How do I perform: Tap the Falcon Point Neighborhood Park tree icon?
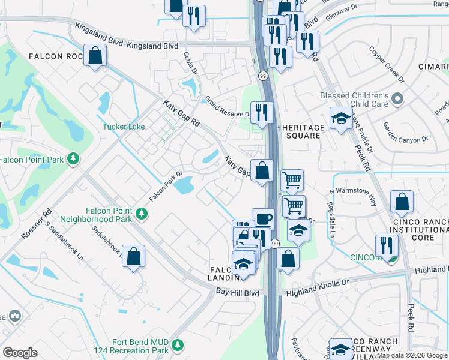(142, 213)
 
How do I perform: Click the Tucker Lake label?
(124, 127)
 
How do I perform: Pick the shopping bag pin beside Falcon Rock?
(95, 56)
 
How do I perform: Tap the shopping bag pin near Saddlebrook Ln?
(133, 256)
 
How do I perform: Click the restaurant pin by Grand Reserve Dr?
(262, 112)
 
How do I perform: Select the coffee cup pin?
(263, 218)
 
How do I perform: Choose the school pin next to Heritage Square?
(341, 118)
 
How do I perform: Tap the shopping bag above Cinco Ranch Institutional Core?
(402, 202)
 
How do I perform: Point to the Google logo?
(20, 353)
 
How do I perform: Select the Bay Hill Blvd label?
(238, 293)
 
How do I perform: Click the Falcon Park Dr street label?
(166, 187)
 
